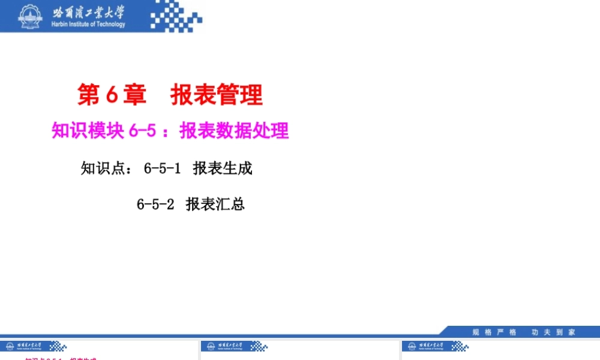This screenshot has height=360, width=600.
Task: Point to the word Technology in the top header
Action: pyautogui.click(x=110, y=25)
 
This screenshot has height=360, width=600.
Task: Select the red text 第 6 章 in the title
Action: pyautogui.click(x=107, y=95)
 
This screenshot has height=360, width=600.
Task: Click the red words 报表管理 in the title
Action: pyautogui.click(x=217, y=95)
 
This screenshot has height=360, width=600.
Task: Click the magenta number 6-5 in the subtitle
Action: pyautogui.click(x=142, y=131)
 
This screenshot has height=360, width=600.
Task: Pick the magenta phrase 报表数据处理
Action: pyautogui.click(x=234, y=131)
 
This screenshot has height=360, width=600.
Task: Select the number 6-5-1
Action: pyautogui.click(x=162, y=169)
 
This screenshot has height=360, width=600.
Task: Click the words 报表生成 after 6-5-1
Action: pyautogui.click(x=223, y=169)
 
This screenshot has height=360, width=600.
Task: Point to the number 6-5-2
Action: pyautogui.click(x=155, y=205)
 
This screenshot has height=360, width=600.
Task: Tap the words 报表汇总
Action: pyautogui.click(x=215, y=205)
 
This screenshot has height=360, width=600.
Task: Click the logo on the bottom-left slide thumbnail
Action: pyautogui.click(x=33, y=346)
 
